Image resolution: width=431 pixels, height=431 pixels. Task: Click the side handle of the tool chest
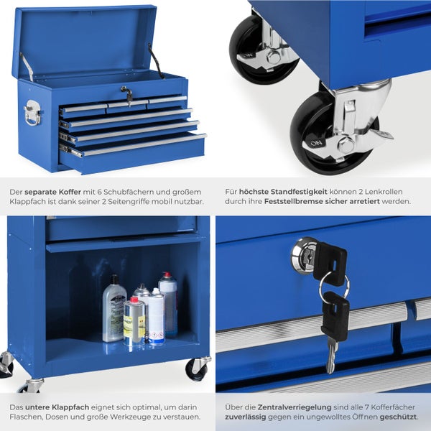click(x=33, y=113)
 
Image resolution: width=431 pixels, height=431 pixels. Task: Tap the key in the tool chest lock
click(x=127, y=96)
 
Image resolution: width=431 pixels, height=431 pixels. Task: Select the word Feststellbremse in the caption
click(x=294, y=201)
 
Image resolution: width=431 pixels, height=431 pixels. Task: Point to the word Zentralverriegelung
click(x=295, y=407)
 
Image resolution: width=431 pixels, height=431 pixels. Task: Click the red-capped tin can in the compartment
click(x=134, y=321)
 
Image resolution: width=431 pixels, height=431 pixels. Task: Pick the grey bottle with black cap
click(x=113, y=308)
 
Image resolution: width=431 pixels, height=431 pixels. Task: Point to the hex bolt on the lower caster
click(x=345, y=144)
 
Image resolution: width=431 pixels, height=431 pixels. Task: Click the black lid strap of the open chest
click(x=156, y=61)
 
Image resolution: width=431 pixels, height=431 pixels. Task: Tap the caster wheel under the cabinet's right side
click(x=197, y=369)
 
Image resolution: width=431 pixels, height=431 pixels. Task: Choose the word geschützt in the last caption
click(x=398, y=417)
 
